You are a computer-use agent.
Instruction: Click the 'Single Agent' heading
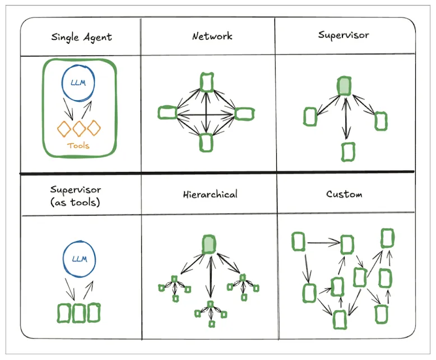tap(81, 38)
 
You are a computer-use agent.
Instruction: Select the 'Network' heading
tap(212, 36)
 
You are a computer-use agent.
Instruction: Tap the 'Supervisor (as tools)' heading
tap(75, 196)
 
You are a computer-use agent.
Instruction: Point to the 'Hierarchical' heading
tap(210, 194)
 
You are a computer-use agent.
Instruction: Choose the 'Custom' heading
tap(344, 194)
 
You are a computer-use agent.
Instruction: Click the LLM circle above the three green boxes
tap(78, 259)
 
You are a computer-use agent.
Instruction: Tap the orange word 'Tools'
tap(78, 146)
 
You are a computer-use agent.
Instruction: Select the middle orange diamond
tap(80, 128)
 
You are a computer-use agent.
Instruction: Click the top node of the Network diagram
tap(207, 82)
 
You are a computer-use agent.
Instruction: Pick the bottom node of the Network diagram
tap(207, 142)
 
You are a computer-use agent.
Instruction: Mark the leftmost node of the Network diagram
tap(167, 113)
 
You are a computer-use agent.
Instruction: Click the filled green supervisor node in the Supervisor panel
tap(344, 86)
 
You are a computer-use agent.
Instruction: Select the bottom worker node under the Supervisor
tap(348, 151)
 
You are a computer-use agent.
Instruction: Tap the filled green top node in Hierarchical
tap(209, 244)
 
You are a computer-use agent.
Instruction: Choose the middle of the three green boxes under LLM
tap(78, 313)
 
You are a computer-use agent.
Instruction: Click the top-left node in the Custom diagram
tap(299, 242)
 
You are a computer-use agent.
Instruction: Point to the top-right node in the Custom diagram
tap(387, 238)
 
